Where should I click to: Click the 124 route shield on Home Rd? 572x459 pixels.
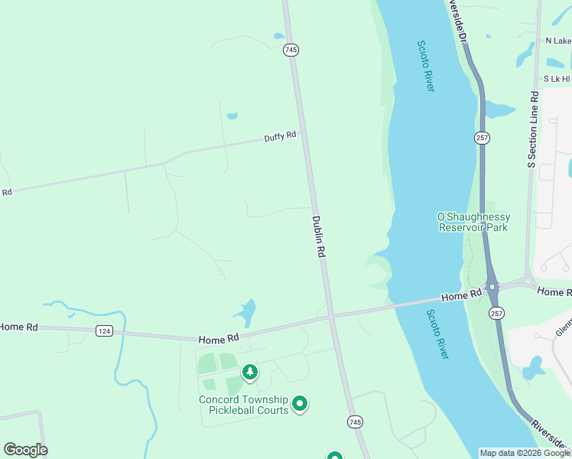tap(105, 330)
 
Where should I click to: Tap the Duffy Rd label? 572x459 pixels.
tap(280, 137)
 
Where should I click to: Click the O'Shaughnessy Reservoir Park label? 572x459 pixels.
tap(473, 223)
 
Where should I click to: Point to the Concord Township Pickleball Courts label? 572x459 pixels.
tap(243, 405)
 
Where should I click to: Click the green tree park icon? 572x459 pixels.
tap(249, 373)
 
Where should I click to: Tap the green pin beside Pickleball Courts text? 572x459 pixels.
tap(300, 403)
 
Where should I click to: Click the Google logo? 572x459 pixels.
tap(25, 450)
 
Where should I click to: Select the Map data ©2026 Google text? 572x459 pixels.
tap(525, 453)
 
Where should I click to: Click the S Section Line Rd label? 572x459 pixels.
tap(534, 130)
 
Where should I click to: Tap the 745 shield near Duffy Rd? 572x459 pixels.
tap(291, 50)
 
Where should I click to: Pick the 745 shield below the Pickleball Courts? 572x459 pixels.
tap(354, 422)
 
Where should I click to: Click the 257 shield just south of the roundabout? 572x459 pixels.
tap(496, 313)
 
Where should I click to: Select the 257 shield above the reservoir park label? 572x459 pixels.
tap(482, 138)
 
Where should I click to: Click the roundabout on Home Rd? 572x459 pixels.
tap(492, 288)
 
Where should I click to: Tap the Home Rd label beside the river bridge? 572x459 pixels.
tap(461, 295)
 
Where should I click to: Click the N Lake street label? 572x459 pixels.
tap(557, 41)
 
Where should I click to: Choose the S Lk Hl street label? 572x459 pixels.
tap(556, 79)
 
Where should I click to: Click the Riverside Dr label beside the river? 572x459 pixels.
tap(460, 19)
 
